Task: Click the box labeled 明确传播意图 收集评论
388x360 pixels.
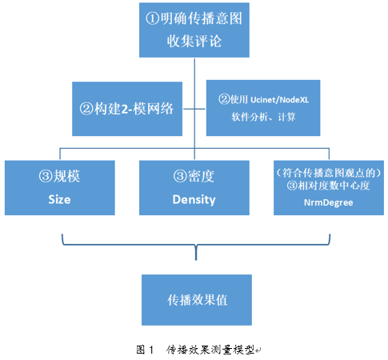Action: click(194, 30)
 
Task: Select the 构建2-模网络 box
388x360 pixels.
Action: click(127, 109)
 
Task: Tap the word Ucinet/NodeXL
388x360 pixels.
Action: click(279, 100)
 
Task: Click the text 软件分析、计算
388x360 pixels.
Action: click(263, 117)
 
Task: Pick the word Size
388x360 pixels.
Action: click(59, 199)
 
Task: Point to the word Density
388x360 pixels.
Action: click(194, 200)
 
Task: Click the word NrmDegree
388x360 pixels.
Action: click(329, 202)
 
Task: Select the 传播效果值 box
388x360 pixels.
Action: click(197, 300)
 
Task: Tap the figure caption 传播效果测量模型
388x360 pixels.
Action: click(210, 350)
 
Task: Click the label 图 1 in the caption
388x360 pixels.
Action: click(145, 350)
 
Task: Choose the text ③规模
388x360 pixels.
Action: click(59, 176)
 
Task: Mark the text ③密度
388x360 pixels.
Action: click(194, 176)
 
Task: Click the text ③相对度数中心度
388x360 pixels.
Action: click(328, 186)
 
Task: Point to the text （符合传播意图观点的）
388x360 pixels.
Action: click(329, 173)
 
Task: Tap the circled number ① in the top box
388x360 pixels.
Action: click(153, 18)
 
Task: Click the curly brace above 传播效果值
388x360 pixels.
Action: click(196, 244)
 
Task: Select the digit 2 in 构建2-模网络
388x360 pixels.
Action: click(125, 109)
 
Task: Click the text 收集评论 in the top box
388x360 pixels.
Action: click(194, 42)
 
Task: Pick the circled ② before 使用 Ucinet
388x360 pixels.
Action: click(224, 99)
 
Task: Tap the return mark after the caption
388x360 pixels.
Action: click(258, 350)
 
